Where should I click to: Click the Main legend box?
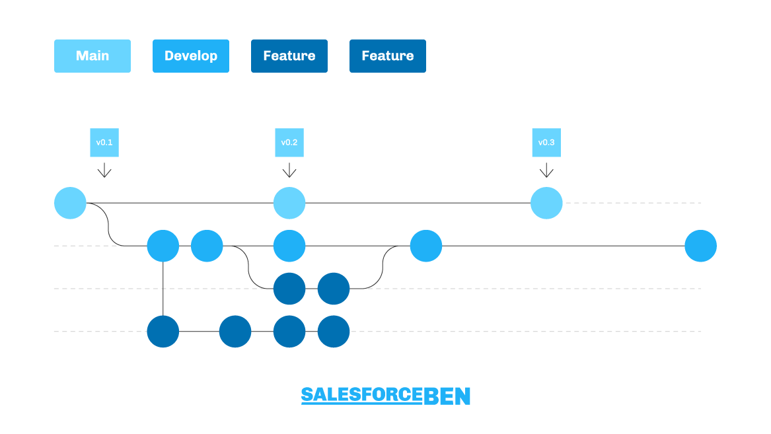coord(92,56)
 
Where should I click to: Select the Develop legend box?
coord(191,56)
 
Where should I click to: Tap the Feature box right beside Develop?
coord(289,56)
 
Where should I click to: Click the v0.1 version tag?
coord(104,143)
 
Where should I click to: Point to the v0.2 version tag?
coord(289,143)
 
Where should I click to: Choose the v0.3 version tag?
coord(546,143)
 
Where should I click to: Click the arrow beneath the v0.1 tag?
coord(104,170)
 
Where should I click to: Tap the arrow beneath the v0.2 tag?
coord(289,170)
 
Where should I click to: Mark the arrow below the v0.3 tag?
coord(546,170)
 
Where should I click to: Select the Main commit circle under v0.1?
coord(70,203)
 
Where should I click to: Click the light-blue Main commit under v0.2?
coord(289,203)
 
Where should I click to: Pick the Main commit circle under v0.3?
coord(546,203)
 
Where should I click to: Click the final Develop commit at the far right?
coord(701,246)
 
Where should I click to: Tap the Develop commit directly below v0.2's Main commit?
coord(289,246)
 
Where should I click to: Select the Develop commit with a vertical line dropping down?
coord(163,246)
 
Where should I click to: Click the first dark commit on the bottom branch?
coord(163,331)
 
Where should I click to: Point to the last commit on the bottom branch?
coord(334,331)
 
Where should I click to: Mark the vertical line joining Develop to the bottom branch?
coord(163,289)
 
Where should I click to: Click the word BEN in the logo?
coord(447,396)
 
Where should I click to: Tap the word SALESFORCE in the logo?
coord(362,395)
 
